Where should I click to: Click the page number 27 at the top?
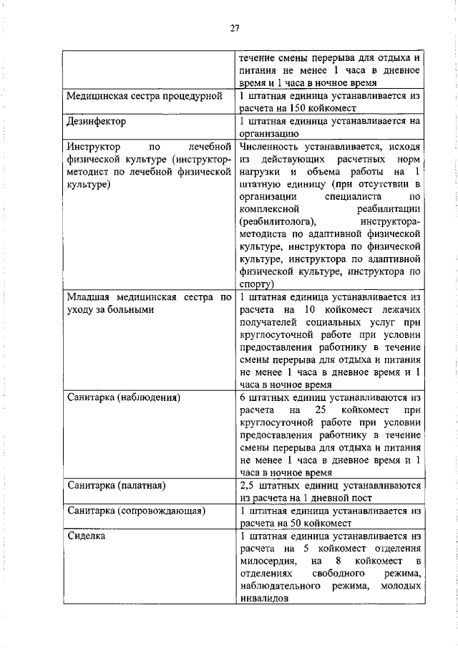coord(234,28)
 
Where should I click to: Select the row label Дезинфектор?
coord(96,121)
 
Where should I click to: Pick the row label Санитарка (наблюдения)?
coord(122,396)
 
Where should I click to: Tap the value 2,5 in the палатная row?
coord(248,486)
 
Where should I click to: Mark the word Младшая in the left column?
coord(89,296)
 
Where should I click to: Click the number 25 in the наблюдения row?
coord(320,409)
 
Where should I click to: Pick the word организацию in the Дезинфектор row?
coord(265,133)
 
